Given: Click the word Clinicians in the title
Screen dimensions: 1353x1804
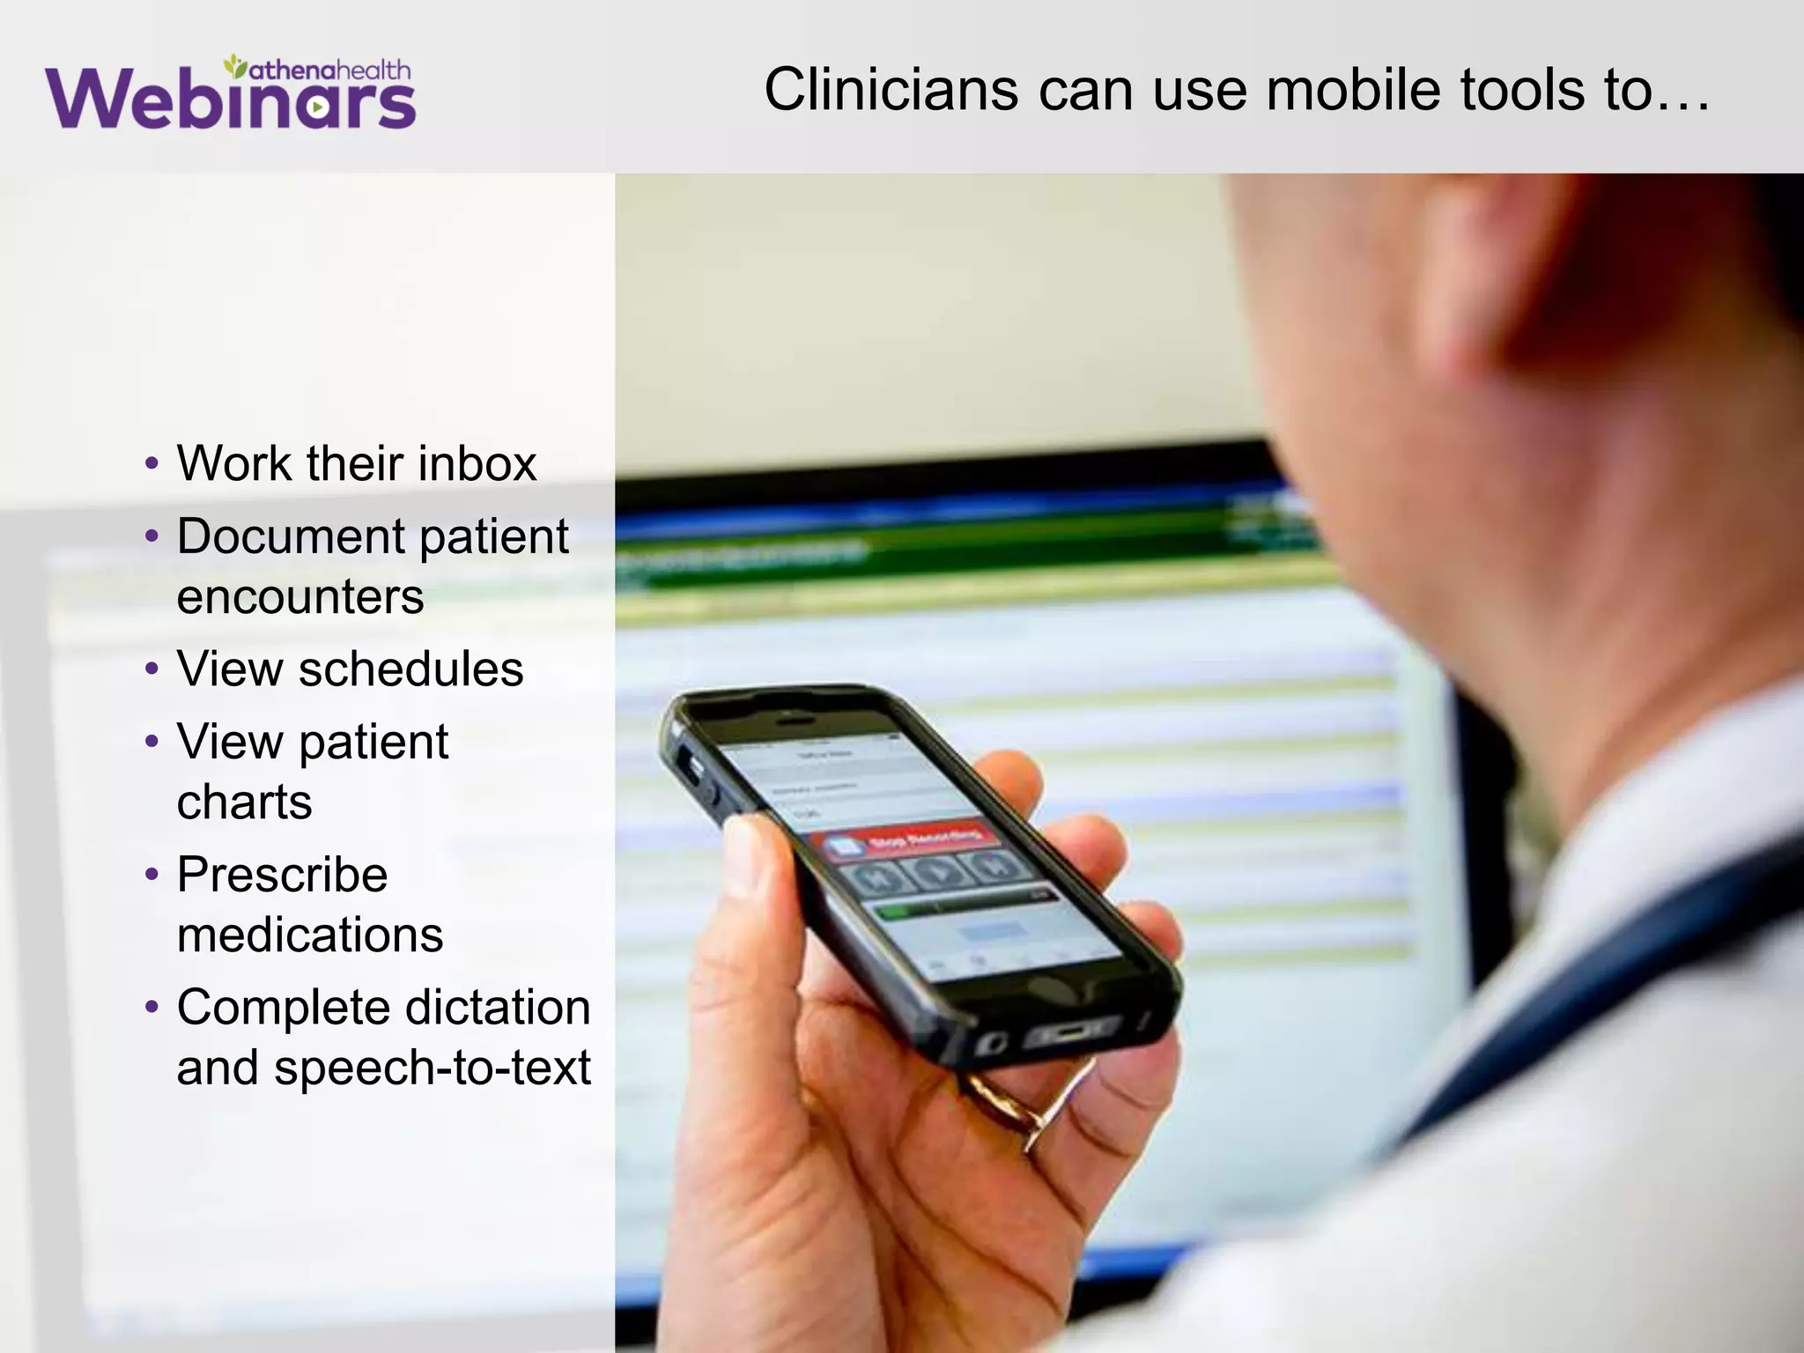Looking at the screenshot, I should point(891,90).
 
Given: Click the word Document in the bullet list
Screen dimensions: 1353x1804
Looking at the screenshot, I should point(291,536).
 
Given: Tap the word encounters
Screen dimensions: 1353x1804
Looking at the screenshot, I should point(300,596).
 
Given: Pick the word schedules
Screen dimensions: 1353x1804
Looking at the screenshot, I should point(410,669).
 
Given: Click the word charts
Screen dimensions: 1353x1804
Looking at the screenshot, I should point(244,802).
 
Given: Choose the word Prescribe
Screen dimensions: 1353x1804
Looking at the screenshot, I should point(282,875).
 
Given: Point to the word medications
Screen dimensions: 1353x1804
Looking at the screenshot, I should point(310,935).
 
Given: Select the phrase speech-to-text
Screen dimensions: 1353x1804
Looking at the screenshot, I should point(433,1068).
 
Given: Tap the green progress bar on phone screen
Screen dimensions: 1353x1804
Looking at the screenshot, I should point(898,912).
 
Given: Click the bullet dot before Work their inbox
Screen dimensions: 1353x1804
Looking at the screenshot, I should point(152,464).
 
